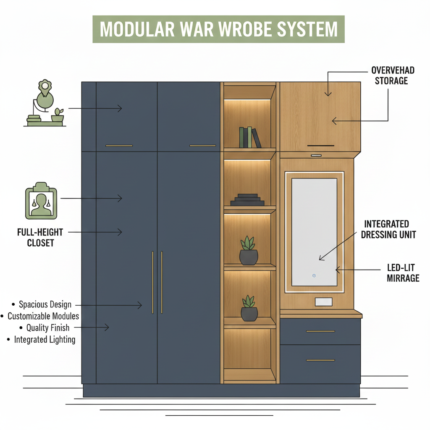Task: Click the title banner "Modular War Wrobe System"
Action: tap(218, 29)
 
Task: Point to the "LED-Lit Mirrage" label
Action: tap(403, 273)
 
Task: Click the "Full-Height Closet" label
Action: tap(40, 237)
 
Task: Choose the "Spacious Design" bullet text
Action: tap(45, 304)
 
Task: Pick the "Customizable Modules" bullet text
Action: tap(43, 316)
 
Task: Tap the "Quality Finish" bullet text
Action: tap(48, 328)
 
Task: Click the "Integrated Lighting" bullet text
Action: tap(45, 339)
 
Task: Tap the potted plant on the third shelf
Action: tap(249, 251)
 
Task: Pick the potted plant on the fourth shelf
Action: tap(249, 309)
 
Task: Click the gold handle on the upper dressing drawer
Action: tap(320, 331)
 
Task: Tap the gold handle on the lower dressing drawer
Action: tap(320, 360)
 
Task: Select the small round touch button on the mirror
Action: tap(314, 275)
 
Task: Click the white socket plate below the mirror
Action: tap(323, 302)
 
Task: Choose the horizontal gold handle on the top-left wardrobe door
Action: tap(119, 146)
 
